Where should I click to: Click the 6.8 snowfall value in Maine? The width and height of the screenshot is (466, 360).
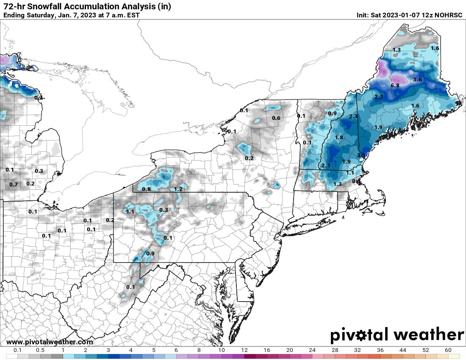click(395, 86)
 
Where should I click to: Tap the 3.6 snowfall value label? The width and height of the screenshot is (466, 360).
click(417, 80)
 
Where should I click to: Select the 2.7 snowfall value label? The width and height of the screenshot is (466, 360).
click(379, 97)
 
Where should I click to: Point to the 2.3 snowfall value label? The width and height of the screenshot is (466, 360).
click(353, 116)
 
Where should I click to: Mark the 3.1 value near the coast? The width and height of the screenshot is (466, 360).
click(361, 155)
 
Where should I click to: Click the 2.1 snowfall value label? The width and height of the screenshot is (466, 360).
click(326, 165)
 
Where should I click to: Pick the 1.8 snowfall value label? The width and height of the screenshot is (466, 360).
click(339, 138)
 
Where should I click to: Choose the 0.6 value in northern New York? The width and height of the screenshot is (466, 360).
click(276, 118)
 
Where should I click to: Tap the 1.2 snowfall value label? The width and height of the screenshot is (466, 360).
click(178, 189)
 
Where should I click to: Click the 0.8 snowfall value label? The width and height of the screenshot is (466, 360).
click(147, 189)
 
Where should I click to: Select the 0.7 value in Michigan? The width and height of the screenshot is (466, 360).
click(14, 184)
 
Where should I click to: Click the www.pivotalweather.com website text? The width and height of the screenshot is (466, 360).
click(50, 342)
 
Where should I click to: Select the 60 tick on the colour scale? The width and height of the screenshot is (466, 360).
click(448, 350)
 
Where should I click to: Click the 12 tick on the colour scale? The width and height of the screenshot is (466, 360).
click(244, 350)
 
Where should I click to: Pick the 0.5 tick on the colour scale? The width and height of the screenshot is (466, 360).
click(40, 350)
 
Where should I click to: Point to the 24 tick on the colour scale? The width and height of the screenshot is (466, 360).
click(312, 350)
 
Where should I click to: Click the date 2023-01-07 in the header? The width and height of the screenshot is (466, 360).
click(397, 15)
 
